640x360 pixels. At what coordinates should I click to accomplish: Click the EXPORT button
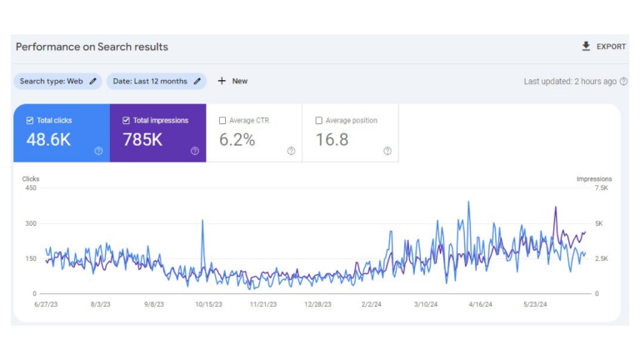coord(604,47)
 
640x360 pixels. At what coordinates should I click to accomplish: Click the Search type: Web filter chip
coord(57,82)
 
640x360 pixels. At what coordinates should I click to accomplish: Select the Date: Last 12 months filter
coord(157,82)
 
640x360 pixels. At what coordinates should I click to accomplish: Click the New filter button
coord(232,82)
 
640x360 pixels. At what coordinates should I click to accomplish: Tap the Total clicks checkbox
coord(31,121)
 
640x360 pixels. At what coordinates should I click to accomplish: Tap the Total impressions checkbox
coord(127,121)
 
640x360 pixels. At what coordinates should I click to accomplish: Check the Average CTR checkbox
coord(222,121)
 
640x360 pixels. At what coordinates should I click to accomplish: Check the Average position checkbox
coord(319,121)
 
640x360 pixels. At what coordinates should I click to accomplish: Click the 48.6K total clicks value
coord(48,140)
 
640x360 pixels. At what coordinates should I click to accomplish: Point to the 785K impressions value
coord(142,140)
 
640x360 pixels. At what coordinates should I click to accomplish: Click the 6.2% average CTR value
coord(237,140)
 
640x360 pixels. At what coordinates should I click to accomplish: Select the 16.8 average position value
coord(332,140)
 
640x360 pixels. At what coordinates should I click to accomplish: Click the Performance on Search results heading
coord(92,47)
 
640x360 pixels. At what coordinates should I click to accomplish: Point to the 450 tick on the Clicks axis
coord(30,188)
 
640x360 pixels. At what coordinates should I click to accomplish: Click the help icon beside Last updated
coord(623,82)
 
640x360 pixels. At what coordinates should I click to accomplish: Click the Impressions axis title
coord(594,179)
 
